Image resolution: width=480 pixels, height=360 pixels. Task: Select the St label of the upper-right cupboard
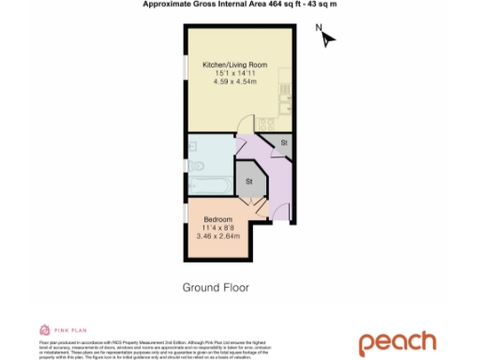pos(282,143)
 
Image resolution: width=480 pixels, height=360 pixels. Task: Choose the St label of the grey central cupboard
pos(250,180)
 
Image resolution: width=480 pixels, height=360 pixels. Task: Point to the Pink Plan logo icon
pos(44,330)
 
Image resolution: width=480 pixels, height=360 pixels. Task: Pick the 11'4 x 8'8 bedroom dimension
pos(217,227)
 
